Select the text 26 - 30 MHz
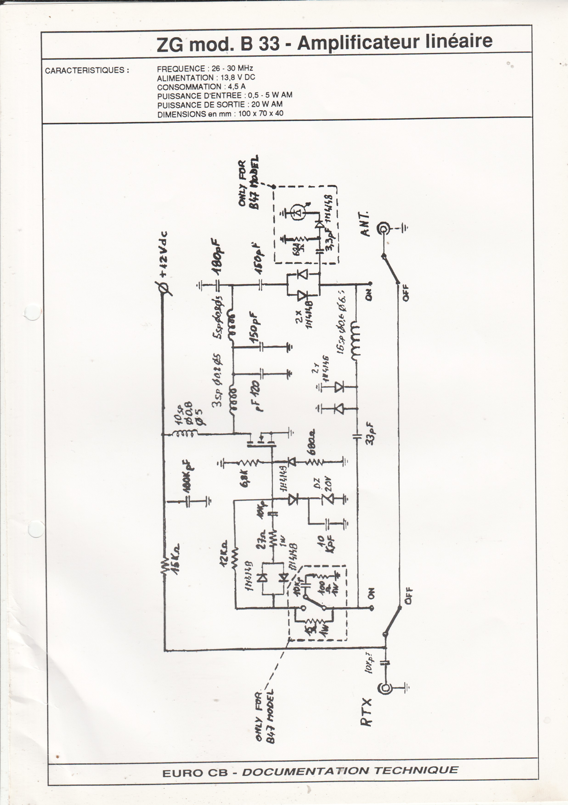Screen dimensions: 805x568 [x=232, y=68]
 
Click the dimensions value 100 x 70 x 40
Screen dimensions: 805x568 [x=261, y=114]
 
